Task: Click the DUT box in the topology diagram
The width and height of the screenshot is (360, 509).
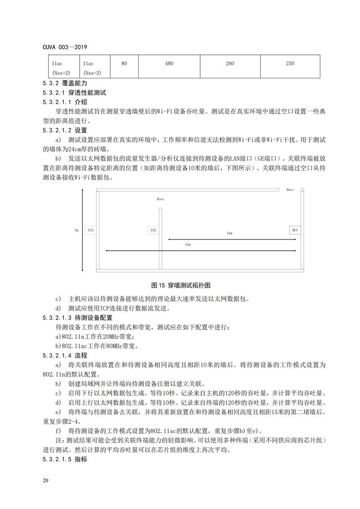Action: click(295, 230)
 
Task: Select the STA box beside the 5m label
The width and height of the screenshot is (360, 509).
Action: click(91, 230)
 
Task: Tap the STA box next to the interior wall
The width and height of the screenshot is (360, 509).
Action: click(153, 230)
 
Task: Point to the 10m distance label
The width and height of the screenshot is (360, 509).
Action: click(229, 234)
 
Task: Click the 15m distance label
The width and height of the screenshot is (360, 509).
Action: click(187, 244)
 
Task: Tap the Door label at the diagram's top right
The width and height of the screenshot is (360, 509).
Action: click(290, 190)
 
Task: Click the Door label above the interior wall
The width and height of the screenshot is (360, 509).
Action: click(161, 199)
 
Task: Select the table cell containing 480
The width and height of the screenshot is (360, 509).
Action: click(169, 64)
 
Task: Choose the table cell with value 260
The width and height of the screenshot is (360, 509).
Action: click(230, 64)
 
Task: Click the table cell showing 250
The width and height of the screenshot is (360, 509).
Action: click(290, 64)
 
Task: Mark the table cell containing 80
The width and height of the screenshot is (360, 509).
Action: click(124, 64)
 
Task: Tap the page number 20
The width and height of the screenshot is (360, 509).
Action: click(45, 481)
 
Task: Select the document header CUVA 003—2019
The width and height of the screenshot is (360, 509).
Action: click(65, 47)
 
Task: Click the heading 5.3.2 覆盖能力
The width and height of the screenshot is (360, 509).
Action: click(64, 84)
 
